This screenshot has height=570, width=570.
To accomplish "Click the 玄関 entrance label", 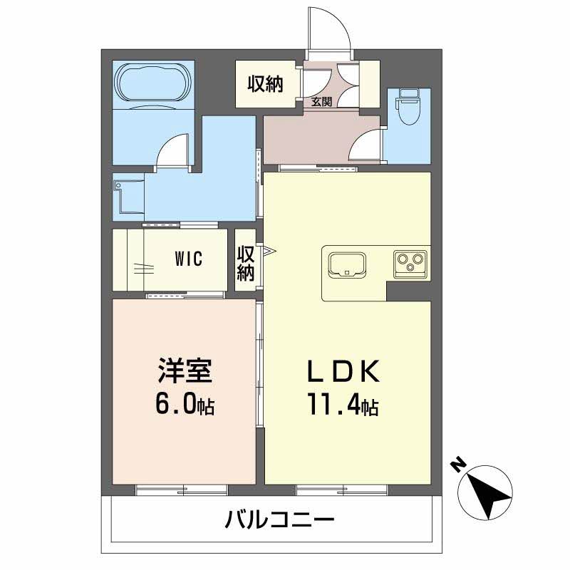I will pos(321,102).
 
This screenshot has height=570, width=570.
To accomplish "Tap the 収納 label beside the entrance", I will pos(265,84).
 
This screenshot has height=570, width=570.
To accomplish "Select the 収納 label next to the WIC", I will pos(246,262).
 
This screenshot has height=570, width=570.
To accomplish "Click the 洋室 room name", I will pos(184,371).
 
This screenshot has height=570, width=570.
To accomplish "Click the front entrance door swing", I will pos(328,32).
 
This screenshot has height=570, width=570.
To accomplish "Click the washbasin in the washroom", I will pos(128,195).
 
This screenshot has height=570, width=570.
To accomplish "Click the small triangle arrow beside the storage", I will pos(268,251).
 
